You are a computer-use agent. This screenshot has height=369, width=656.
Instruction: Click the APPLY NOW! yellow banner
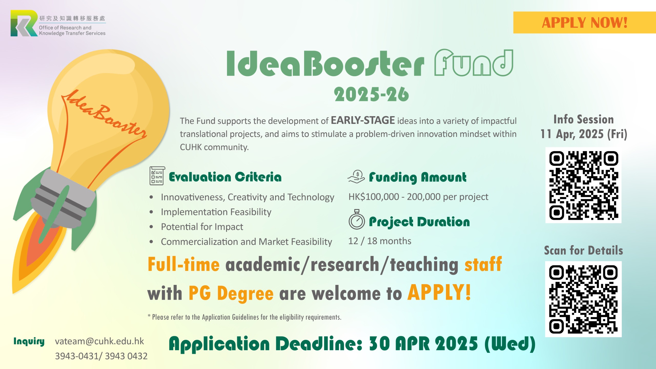(585, 23)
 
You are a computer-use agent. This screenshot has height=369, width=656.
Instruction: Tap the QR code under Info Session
(583, 185)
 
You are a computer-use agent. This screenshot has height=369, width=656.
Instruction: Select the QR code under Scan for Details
(583, 299)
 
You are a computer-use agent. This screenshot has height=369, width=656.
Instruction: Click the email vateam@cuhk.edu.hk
(99, 341)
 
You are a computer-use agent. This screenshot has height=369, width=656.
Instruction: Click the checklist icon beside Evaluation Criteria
(157, 176)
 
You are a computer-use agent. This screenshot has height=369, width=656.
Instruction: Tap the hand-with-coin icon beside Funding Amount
(356, 177)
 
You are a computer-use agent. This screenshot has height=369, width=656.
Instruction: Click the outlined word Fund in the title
(474, 63)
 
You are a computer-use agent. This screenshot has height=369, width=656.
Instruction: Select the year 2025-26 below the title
(371, 94)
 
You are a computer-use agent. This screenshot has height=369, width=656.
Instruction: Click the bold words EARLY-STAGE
(363, 120)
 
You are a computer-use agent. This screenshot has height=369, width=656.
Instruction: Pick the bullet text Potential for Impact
(202, 227)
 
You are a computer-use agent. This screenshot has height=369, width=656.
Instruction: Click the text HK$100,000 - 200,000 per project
(418, 197)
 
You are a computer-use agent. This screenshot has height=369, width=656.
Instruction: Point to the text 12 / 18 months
(380, 241)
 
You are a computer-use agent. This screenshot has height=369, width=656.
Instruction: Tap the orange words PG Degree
(231, 293)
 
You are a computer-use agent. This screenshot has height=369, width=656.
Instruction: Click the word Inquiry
(29, 342)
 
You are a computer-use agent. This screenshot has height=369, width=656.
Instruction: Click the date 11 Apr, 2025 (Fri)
(584, 134)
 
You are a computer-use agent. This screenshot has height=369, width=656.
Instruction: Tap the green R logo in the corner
(24, 23)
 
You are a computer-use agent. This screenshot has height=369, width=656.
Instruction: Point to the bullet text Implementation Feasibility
(216, 212)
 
